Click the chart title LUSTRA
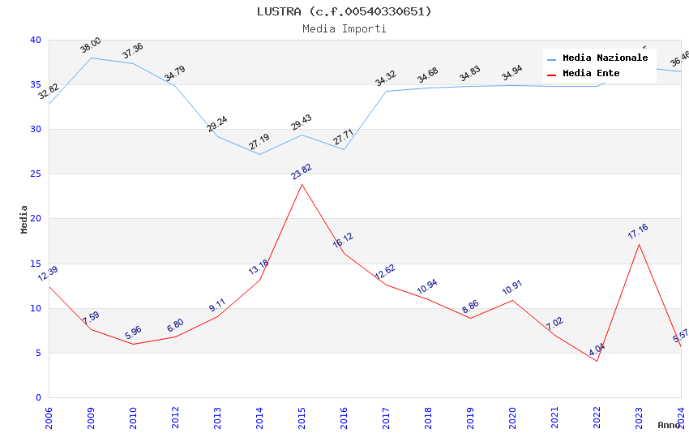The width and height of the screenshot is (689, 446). (344, 11)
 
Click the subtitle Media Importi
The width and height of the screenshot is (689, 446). (344, 28)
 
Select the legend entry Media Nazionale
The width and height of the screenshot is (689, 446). (605, 58)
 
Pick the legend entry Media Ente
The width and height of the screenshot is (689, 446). (591, 74)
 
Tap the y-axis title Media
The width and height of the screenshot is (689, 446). (24, 219)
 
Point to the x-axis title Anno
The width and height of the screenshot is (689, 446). (669, 425)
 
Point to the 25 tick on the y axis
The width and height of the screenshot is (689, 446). (36, 174)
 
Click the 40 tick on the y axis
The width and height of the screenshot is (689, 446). (36, 40)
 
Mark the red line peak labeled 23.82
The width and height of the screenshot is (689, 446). (302, 184)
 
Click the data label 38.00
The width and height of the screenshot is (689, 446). (91, 45)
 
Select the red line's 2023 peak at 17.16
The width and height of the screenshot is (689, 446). (639, 244)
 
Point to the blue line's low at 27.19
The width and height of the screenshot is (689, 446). (259, 154)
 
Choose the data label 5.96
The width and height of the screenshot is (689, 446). (133, 332)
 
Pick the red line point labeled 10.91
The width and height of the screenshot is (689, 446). (512, 300)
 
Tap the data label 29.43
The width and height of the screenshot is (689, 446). (302, 122)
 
